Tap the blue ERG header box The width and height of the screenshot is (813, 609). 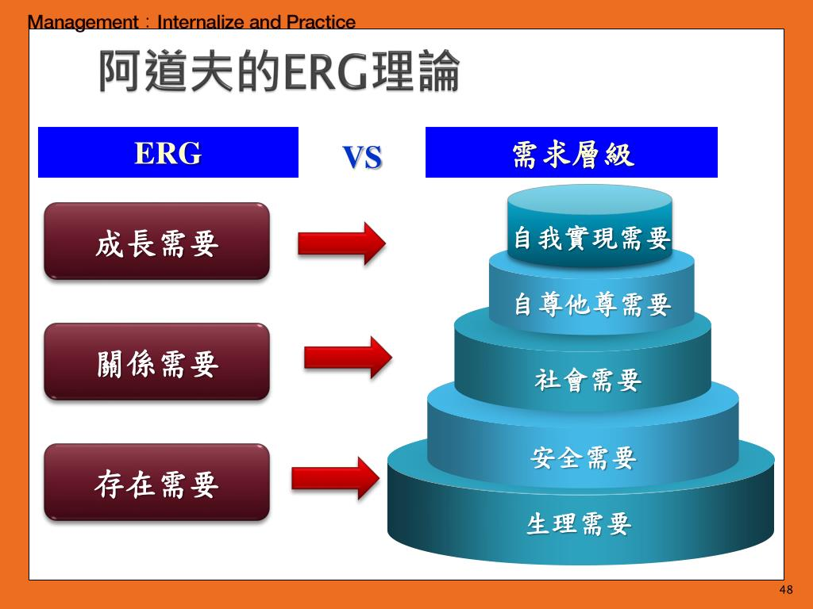pos(168,152)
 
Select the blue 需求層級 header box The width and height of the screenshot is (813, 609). pos(572,152)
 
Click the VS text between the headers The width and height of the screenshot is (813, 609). pos(362,157)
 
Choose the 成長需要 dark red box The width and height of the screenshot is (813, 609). pos(156,242)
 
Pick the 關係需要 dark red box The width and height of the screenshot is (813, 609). pos(156,362)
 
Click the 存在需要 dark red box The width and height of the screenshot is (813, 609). pos(156,483)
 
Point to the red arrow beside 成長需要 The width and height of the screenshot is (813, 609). pos(341,243)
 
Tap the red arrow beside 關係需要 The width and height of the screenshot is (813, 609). pos(348,358)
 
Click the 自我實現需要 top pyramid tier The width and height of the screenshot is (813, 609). pos(591,237)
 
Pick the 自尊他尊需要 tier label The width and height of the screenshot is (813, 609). pos(591,304)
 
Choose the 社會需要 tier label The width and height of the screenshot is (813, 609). pos(588,380)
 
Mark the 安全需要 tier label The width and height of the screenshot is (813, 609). pos(584,457)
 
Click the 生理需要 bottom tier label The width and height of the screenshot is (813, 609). pos(580,523)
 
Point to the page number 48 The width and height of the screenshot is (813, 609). pos(786,590)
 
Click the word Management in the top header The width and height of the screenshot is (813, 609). pos(83,22)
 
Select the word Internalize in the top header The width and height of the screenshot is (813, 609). pos(202,22)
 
